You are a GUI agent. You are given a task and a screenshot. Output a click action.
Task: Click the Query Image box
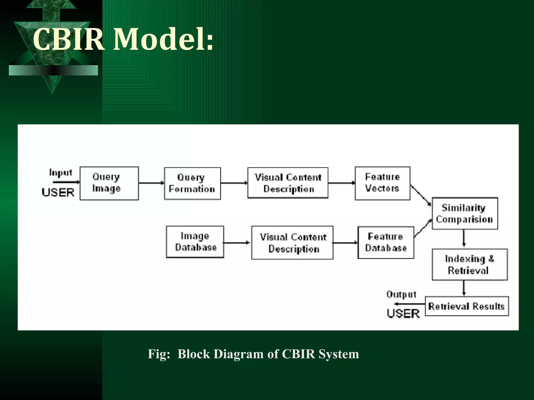[109, 183]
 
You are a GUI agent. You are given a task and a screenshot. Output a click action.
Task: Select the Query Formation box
[192, 183]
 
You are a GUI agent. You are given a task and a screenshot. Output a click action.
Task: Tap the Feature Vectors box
[382, 183]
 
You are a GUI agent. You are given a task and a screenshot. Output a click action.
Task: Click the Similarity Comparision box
[465, 213]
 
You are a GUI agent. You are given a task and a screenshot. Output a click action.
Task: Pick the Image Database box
[195, 242]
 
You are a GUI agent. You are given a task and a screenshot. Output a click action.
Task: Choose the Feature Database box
[386, 242]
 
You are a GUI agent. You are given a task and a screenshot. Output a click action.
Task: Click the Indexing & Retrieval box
[469, 264]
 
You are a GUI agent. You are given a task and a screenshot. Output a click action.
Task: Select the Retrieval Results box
[466, 306]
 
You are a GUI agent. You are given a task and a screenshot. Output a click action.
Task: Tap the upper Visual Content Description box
[288, 183]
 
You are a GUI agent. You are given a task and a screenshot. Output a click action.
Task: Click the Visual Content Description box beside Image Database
[292, 242]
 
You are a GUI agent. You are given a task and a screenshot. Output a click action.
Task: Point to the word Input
[60, 173]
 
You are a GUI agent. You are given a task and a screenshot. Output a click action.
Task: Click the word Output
[401, 294]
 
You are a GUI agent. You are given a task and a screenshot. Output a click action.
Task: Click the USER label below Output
[403, 314]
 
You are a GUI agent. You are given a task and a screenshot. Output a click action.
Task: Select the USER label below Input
[58, 192]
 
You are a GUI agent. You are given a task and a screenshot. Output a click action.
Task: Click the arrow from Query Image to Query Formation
[151, 183]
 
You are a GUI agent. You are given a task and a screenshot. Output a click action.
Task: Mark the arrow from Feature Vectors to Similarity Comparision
[420, 195]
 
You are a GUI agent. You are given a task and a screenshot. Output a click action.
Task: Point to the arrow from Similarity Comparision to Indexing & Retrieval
[464, 238]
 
